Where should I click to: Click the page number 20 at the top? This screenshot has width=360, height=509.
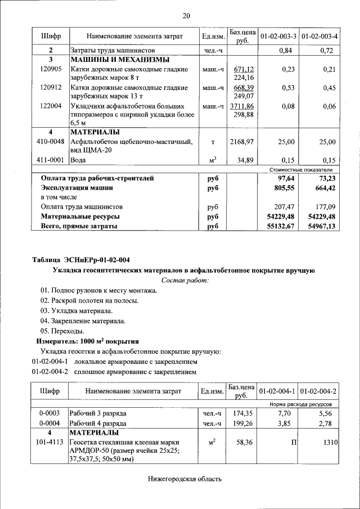(x=186, y=15)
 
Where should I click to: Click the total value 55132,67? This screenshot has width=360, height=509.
(x=281, y=226)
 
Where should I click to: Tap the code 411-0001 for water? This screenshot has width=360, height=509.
(x=51, y=160)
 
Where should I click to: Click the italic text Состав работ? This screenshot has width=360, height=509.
(x=185, y=280)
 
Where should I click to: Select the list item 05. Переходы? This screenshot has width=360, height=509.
(x=62, y=331)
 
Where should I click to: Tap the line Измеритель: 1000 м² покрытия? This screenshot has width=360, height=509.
(x=88, y=341)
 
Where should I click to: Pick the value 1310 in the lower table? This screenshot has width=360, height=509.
(x=328, y=443)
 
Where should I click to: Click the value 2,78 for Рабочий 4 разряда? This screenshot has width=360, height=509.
(x=327, y=423)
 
